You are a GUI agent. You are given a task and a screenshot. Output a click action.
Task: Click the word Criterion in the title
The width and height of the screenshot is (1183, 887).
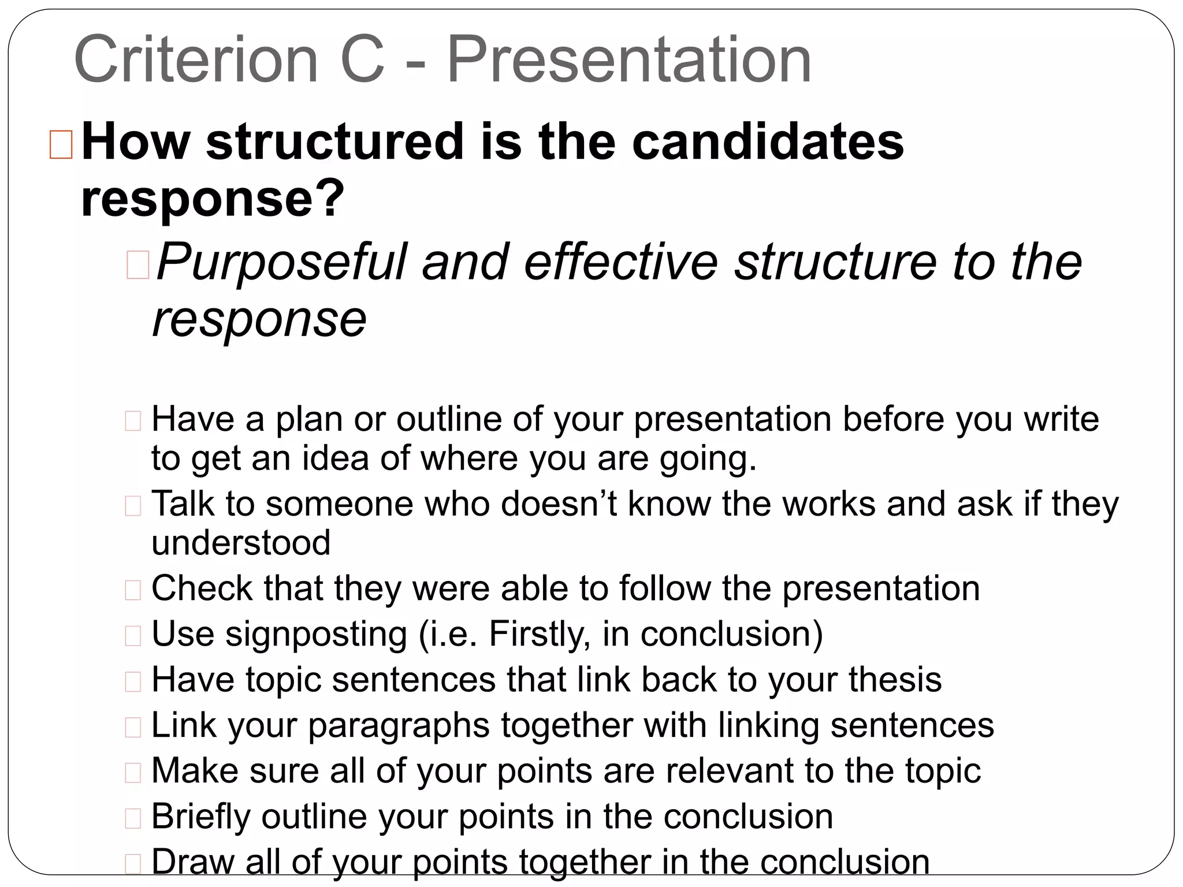pos(196,59)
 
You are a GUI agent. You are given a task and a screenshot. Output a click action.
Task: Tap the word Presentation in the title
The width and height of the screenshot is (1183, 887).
pos(629,59)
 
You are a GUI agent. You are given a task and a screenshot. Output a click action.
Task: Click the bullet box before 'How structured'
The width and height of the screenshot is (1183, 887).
pos(61,144)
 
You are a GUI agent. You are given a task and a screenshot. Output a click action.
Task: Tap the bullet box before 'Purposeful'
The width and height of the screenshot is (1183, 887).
pos(137,266)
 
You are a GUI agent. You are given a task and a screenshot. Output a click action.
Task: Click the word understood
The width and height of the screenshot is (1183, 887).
pos(241,543)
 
